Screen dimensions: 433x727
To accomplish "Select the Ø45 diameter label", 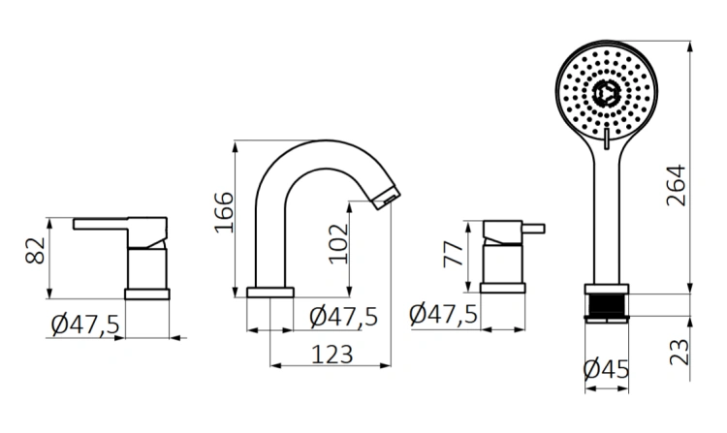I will [x=606, y=369].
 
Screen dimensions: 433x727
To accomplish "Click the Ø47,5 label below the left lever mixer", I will [x=84, y=325].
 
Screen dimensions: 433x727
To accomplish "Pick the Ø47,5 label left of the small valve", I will [x=443, y=314].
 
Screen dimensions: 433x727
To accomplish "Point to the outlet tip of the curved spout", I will [x=387, y=199].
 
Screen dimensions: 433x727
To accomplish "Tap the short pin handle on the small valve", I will [x=534, y=230].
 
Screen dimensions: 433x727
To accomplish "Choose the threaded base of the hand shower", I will [x=607, y=302].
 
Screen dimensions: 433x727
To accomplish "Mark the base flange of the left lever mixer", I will [x=147, y=294].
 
